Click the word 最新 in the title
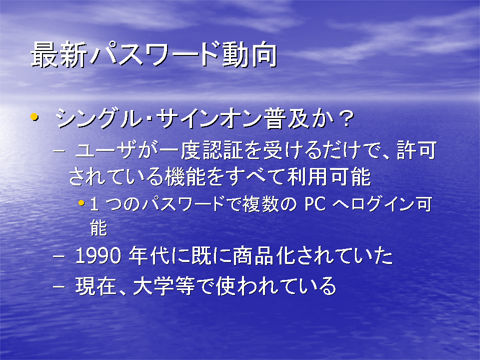[x=59, y=55]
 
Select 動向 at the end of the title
[x=249, y=55]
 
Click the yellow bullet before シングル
[x=34, y=116]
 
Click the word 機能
[x=185, y=176]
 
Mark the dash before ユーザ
[x=59, y=151]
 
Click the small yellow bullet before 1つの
[x=81, y=202]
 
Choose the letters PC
[x=315, y=204]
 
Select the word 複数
[x=260, y=204]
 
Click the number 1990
[x=98, y=256]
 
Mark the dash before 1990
[x=59, y=256]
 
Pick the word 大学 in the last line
[x=154, y=286]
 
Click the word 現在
[x=96, y=286]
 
